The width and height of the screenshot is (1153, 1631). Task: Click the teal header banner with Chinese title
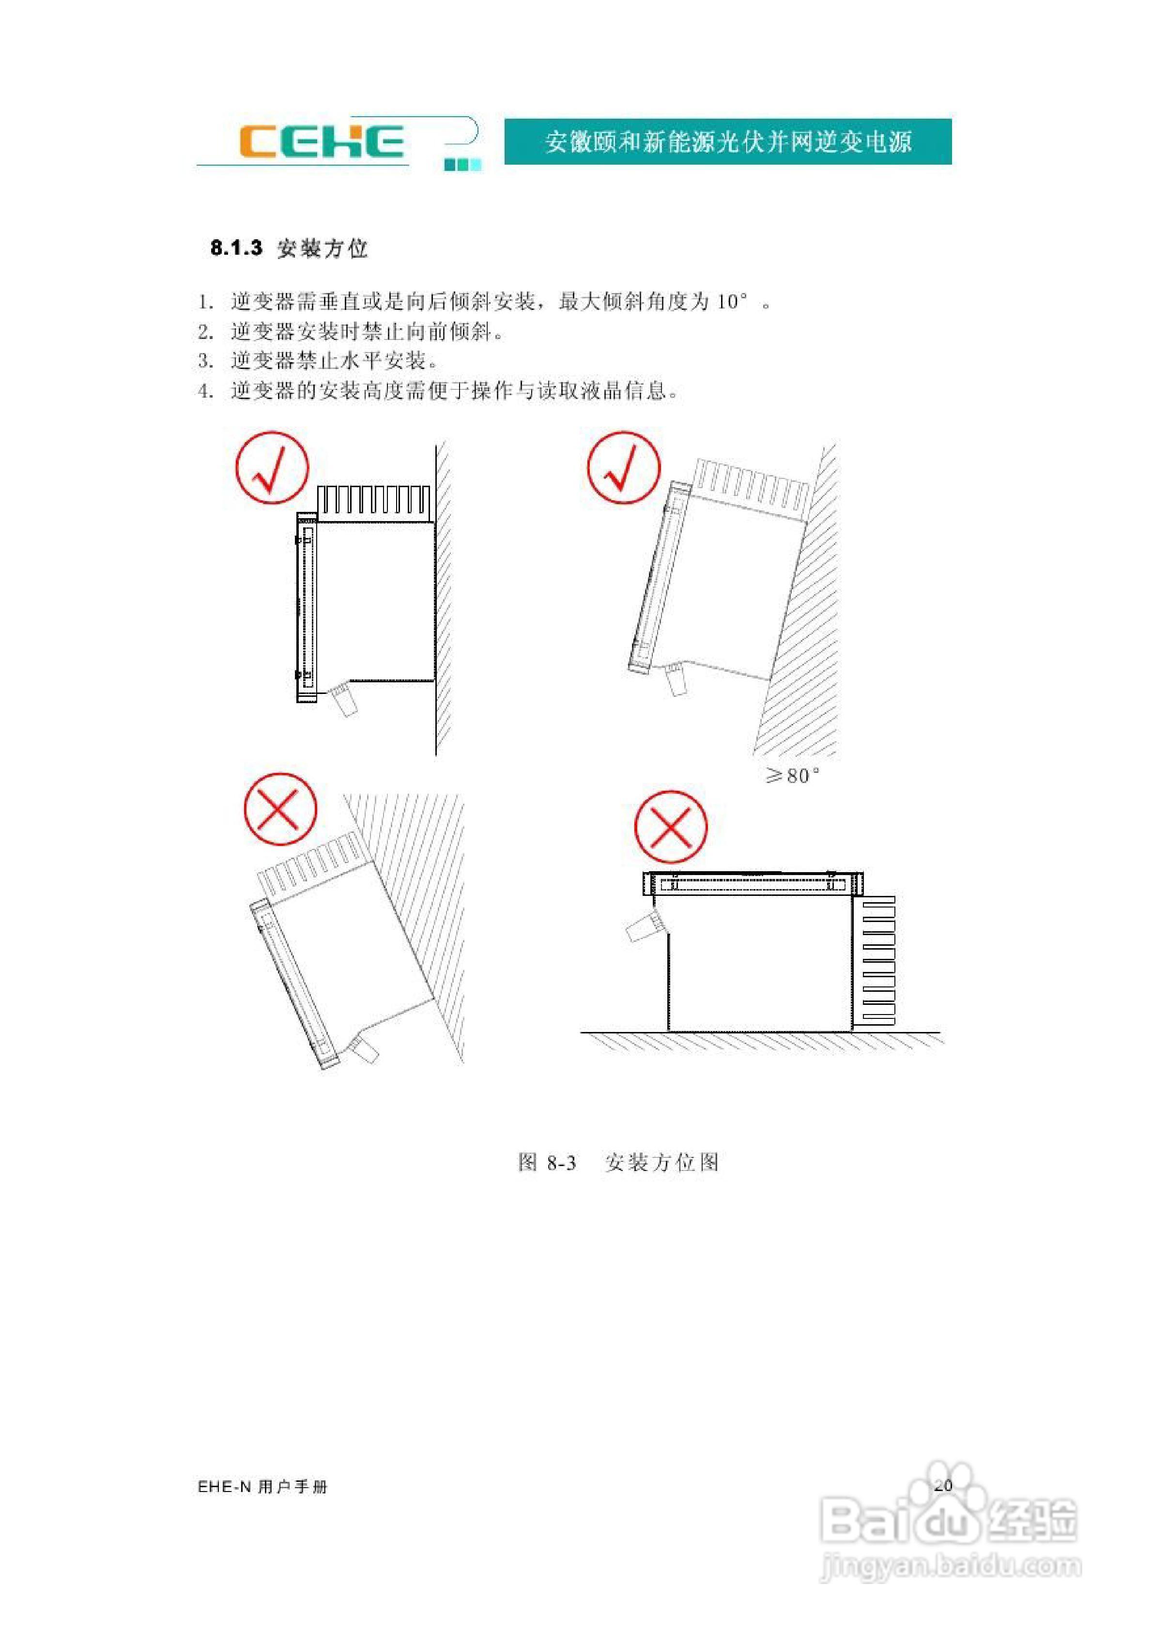click(x=727, y=142)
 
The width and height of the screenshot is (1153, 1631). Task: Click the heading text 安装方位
click(x=323, y=248)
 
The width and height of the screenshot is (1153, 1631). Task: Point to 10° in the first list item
click(x=732, y=302)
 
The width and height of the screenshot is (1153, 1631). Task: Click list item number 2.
click(x=205, y=332)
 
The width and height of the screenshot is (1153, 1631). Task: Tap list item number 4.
click(x=205, y=391)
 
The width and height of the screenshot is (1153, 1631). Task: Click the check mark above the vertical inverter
click(x=272, y=467)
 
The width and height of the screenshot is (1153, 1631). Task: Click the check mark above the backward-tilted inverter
click(x=623, y=467)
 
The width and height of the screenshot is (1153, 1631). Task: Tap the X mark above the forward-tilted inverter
click(x=280, y=809)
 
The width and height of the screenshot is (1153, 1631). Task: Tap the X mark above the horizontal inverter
click(x=670, y=827)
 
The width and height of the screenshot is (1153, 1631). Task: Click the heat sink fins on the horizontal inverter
click(x=878, y=960)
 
